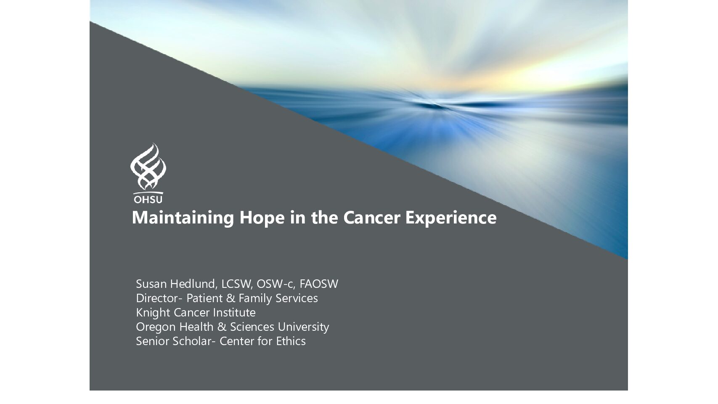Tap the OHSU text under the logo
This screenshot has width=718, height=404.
[148, 199]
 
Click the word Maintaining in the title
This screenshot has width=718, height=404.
[183, 218]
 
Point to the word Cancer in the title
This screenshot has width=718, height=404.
[372, 218]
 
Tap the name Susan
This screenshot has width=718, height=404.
[151, 284]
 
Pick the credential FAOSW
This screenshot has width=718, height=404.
[319, 284]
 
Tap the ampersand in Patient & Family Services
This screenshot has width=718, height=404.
[231, 298]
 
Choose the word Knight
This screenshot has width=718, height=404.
[153, 313]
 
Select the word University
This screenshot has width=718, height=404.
[303, 327]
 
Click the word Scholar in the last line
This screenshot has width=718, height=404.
[193, 341]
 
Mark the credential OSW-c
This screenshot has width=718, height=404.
[276, 284]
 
